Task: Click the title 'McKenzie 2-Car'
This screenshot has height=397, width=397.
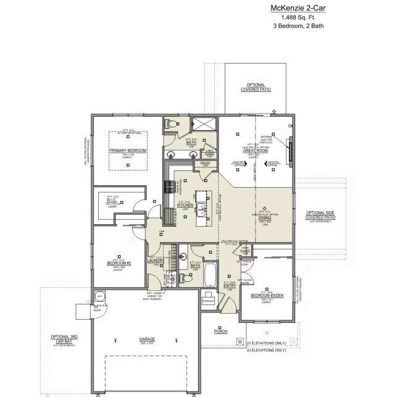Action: click(298, 8)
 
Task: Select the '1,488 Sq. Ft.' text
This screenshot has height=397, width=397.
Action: click(298, 17)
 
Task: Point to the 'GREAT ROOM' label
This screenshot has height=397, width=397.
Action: click(253, 151)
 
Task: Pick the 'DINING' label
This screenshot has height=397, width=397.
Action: click(264, 217)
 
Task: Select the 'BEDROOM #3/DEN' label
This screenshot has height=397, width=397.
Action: click(267, 296)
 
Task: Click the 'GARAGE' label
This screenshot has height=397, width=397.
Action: click(147, 339)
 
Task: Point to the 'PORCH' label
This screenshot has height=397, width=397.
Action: click(220, 332)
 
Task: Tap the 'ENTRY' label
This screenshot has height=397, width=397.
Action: click(228, 286)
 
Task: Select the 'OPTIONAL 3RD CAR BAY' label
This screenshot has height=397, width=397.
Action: click(63, 340)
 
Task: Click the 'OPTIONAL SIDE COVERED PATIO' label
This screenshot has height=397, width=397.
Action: click(321, 215)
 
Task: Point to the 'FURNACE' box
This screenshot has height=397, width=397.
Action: click(208, 301)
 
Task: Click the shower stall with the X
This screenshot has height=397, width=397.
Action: click(202, 123)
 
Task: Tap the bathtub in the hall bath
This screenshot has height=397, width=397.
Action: click(209, 274)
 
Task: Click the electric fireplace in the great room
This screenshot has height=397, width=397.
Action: click(290, 149)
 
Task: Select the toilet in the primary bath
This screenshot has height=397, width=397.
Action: click(172, 123)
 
